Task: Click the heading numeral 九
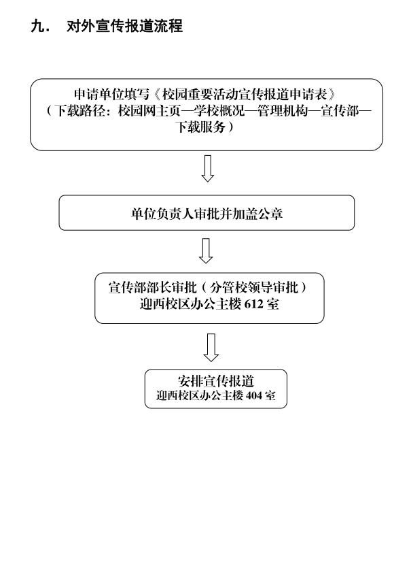click(37, 27)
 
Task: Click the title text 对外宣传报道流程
click(124, 27)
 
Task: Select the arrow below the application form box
click(207, 168)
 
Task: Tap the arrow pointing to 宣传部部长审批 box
click(206, 250)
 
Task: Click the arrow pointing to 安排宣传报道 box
click(211, 347)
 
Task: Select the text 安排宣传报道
click(215, 381)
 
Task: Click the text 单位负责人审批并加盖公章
click(207, 214)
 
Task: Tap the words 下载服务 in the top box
click(200, 127)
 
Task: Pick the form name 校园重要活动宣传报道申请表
click(244, 95)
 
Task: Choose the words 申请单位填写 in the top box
click(111, 95)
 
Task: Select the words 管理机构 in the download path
click(283, 110)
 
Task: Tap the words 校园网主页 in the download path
click(149, 110)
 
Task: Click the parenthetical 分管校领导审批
click(254, 287)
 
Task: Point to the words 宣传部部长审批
click(152, 287)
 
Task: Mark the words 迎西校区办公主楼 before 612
click(190, 304)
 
